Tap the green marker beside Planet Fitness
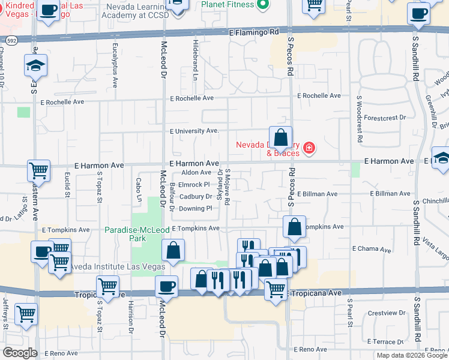[262, 5]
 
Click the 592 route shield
[12, 41]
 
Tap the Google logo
[19, 353]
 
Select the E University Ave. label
[194, 131]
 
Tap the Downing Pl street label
[195, 208]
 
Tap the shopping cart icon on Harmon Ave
[38, 170]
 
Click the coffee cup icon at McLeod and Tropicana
[166, 286]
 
